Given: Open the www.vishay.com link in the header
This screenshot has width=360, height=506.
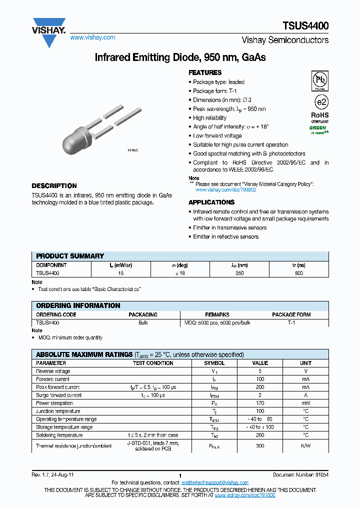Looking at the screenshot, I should click(92, 37).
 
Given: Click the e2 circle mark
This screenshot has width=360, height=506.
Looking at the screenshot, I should click(320, 103).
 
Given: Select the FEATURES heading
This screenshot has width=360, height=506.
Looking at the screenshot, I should click(205, 72).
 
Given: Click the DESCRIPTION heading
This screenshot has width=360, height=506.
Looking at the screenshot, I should click(54, 185).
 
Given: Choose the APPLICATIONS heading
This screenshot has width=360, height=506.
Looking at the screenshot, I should click(211, 202).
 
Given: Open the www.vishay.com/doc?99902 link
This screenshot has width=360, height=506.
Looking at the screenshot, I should click(225, 190).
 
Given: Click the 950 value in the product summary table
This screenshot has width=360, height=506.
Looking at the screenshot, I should click(239, 273).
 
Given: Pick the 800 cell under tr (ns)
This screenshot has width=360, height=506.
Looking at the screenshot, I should click(298, 273).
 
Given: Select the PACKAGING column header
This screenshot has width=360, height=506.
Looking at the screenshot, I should click(143, 314).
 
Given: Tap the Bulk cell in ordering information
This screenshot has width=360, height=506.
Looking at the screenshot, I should click(143, 323).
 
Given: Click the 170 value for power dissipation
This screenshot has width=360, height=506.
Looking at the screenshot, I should click(260, 403).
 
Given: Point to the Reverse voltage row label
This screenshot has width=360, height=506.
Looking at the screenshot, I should click(53, 371).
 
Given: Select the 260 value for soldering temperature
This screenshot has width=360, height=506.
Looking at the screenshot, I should click(260, 435).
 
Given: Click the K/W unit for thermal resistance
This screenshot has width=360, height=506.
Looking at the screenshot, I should click(305, 445).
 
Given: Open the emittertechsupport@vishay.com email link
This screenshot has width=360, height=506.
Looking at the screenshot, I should click(214, 482).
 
